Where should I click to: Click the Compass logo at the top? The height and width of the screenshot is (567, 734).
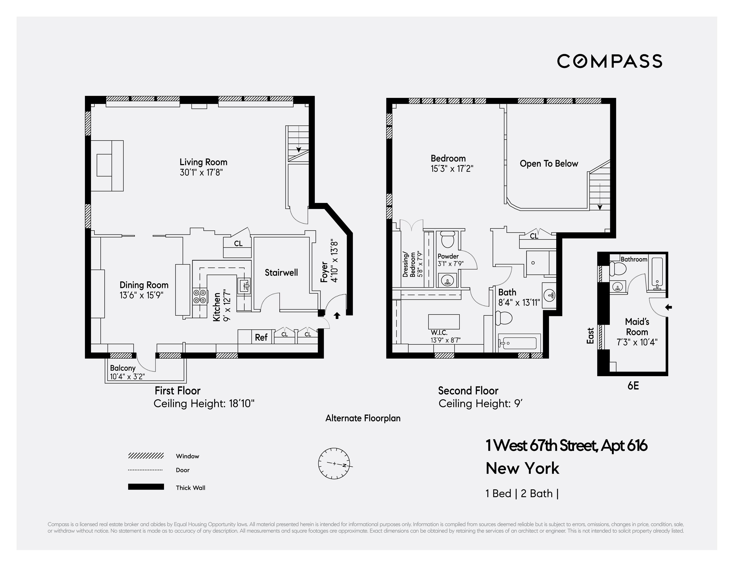coord(609,61)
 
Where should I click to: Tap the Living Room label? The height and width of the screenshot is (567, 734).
coord(203,162)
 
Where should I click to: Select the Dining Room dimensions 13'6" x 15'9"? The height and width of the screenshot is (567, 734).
coord(141,296)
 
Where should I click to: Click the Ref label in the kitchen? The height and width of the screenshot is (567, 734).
coord(261,337)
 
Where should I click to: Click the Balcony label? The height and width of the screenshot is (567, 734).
coord(123,368)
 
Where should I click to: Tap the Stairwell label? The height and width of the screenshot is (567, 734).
coord(281,272)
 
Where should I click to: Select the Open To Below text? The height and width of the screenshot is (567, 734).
coord(549,164)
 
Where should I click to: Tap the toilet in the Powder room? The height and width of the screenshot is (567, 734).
coord(447,239)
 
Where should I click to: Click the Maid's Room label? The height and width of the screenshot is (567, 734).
coord(637,327)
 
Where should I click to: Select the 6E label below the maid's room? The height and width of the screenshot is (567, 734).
coord(633,386)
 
